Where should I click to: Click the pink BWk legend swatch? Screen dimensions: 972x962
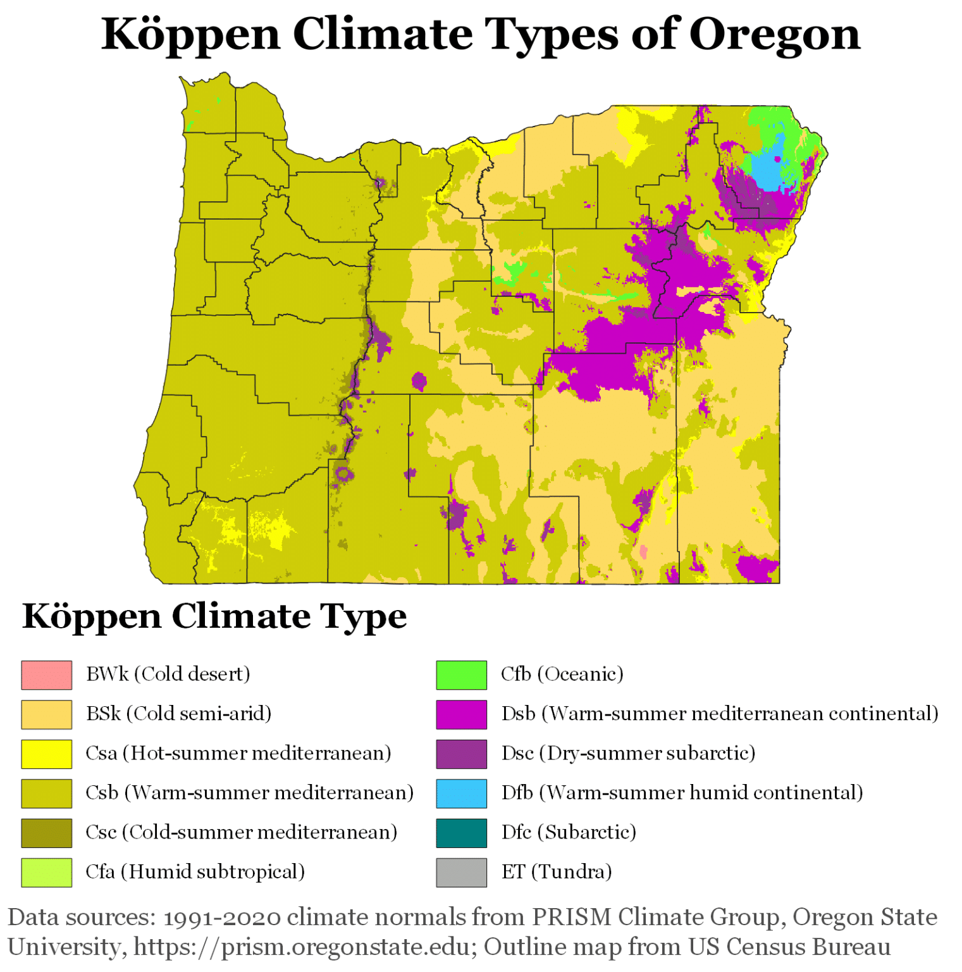46,675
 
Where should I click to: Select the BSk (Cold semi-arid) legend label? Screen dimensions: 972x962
178,714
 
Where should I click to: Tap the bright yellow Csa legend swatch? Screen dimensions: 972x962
46,754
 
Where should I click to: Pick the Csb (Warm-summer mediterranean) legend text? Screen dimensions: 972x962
249,793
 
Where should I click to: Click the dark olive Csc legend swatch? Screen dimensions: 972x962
46,833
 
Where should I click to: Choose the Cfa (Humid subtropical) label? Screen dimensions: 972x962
195,872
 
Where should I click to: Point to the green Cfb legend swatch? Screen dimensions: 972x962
461,675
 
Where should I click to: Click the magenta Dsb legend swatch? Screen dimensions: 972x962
461,714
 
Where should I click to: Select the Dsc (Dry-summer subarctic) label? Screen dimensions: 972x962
628,754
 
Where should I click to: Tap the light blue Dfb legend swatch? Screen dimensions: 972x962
461,793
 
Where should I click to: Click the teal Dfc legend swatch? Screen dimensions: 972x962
461,833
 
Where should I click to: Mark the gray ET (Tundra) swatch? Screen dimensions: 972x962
461,872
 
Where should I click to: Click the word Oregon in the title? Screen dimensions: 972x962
774,35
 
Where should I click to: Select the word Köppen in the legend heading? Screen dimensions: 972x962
92,616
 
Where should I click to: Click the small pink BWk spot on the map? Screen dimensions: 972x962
644,552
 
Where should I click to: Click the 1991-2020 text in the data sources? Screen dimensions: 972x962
221,917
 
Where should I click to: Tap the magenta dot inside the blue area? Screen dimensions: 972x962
777,159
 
